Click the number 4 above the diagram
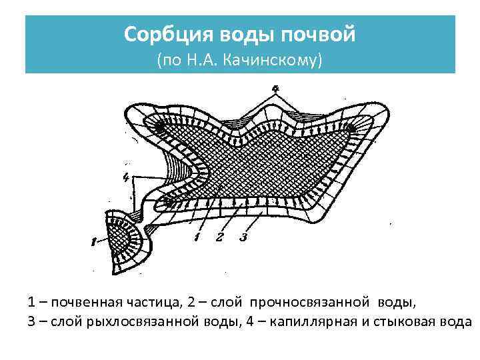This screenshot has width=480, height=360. click(275, 88)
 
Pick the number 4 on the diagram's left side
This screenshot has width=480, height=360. click(126, 177)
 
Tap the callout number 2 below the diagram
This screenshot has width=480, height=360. click(220, 237)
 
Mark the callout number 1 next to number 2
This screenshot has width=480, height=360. click(197, 237)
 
